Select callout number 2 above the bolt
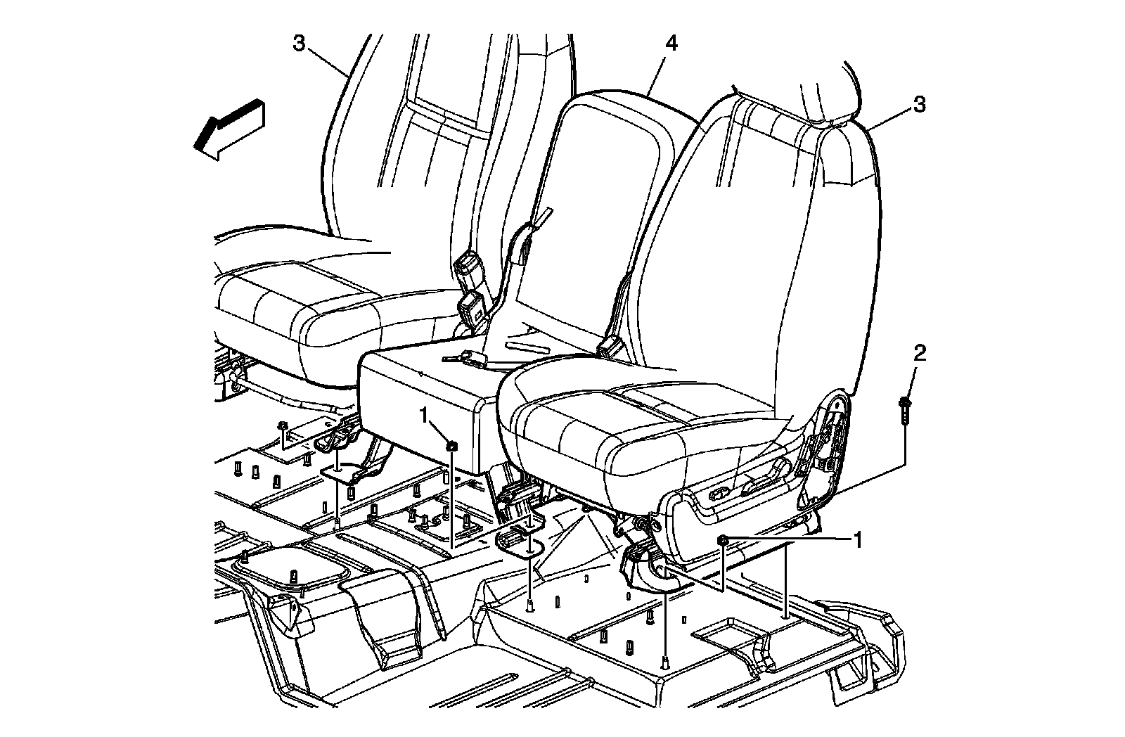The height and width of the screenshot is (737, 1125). click(918, 354)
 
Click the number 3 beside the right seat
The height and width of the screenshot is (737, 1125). click(919, 105)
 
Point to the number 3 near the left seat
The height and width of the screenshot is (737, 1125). click(300, 44)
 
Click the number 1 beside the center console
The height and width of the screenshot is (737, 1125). click(425, 415)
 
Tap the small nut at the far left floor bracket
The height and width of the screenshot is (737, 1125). click(282, 426)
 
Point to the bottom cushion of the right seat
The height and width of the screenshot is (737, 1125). click(633, 429)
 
